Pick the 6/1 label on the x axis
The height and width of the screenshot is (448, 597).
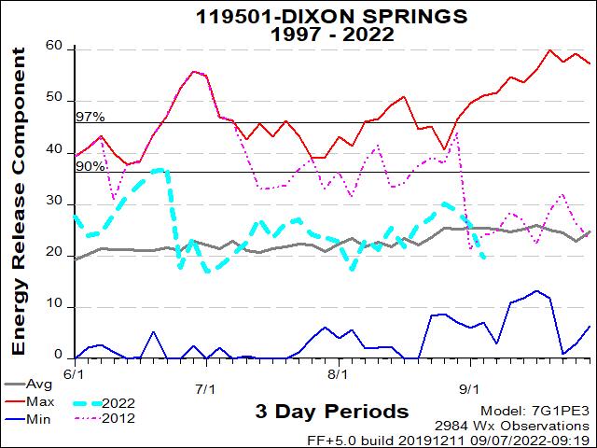click(x=71, y=373)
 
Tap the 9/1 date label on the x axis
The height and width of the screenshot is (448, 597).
click(x=470, y=388)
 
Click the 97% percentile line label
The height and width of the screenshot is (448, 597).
click(x=90, y=117)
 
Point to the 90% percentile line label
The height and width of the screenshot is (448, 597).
click(x=90, y=166)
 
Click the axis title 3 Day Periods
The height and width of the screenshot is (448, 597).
click(x=331, y=412)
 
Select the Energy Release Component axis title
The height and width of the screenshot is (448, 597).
click(x=18, y=224)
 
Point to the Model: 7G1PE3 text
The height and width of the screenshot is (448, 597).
click(x=535, y=411)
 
